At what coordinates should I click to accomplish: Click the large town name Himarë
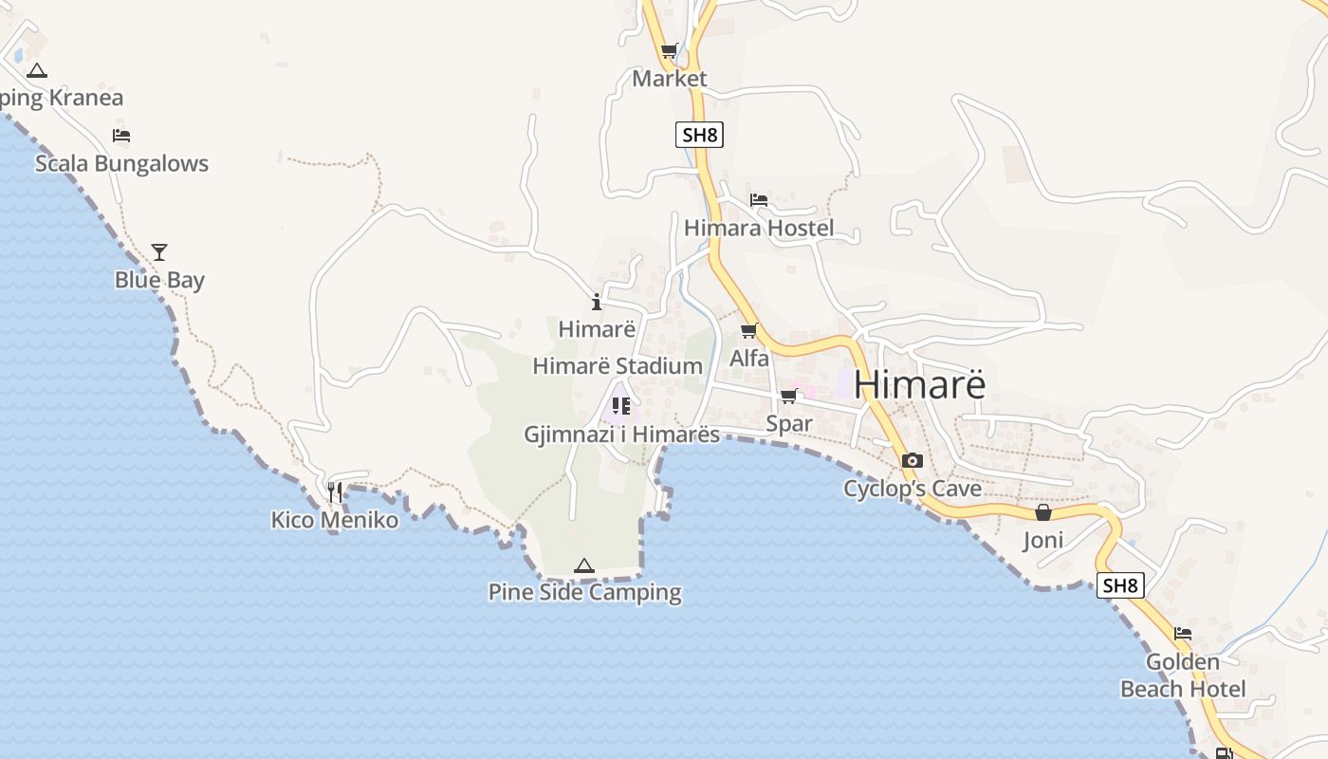click(x=919, y=384)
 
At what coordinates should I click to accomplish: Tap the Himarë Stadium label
click(x=618, y=366)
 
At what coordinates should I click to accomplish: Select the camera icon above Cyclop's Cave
click(x=913, y=460)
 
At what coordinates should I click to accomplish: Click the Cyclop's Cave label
click(x=913, y=489)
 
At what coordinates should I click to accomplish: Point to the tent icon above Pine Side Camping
click(x=584, y=565)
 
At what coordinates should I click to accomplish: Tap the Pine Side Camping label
click(x=584, y=592)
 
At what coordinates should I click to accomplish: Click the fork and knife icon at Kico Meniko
click(x=335, y=491)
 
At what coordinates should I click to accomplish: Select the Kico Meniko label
click(x=335, y=520)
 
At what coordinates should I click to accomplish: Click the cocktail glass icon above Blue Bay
click(x=159, y=251)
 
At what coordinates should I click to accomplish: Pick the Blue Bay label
click(x=159, y=280)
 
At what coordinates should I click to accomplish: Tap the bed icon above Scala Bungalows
click(x=121, y=135)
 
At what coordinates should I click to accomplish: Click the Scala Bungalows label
click(x=121, y=163)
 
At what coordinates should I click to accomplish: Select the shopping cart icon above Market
click(x=670, y=51)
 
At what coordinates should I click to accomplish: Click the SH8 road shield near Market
click(x=699, y=135)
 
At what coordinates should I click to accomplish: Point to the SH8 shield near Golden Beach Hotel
click(x=1119, y=585)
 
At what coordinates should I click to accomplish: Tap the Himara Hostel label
click(x=759, y=228)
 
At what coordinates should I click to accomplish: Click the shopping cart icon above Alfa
click(x=749, y=330)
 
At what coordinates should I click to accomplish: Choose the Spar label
click(x=789, y=423)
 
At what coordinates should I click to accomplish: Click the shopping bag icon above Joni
click(x=1043, y=512)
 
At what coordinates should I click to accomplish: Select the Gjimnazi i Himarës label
click(x=622, y=435)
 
